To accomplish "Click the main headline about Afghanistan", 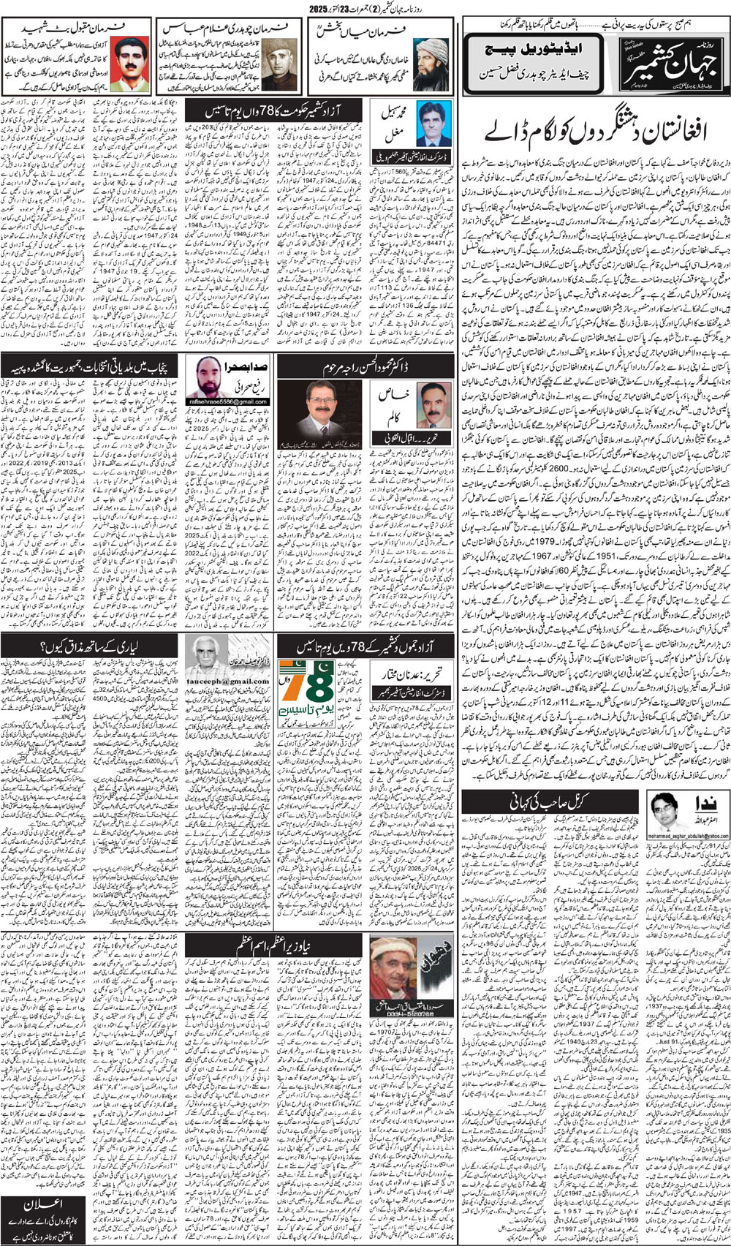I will pos(595,132).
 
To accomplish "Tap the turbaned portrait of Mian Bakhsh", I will pos(432,65).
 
